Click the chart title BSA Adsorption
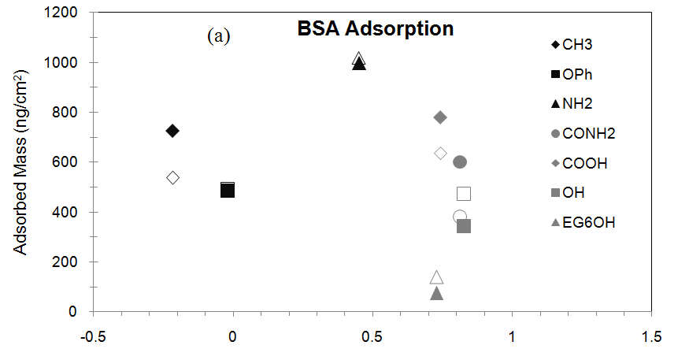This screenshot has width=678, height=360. pos(375,29)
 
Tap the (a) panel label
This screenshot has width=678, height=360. pos(218,36)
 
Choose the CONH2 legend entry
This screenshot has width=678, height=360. pos(584,133)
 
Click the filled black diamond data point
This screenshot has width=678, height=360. pos(172,131)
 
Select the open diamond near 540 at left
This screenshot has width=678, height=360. pos(173,177)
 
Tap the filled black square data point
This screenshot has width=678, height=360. pos(228,190)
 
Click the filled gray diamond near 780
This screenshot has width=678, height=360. pos(440,117)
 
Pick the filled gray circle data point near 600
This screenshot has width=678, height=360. pos(461,161)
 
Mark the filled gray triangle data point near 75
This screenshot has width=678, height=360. pos(437,293)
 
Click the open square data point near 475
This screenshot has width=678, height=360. pos(464,194)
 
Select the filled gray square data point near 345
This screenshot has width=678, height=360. pos(464,226)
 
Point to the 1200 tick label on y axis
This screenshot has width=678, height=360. pos(61,13)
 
